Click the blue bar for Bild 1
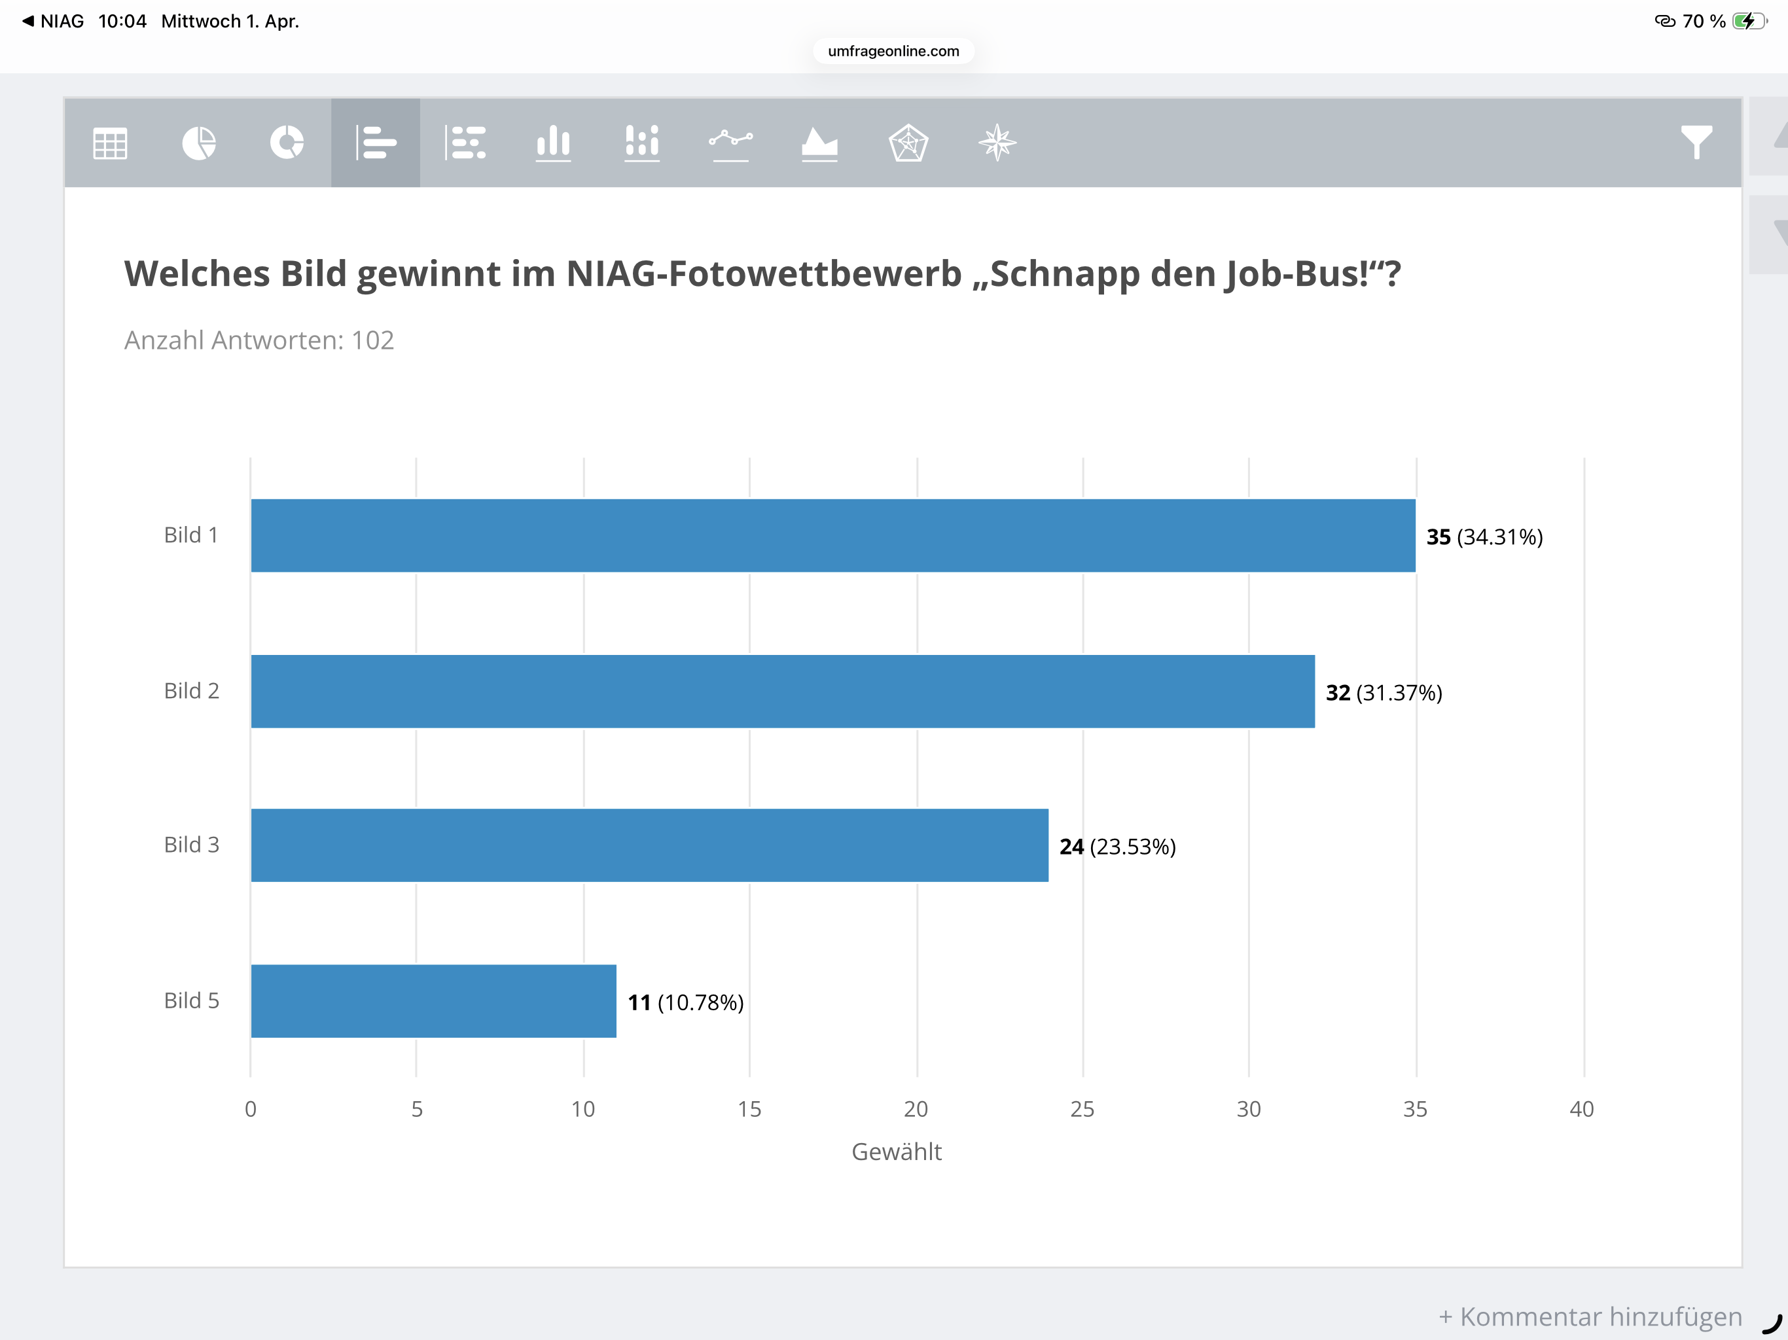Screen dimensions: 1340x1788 832,535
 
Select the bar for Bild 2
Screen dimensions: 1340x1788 783,691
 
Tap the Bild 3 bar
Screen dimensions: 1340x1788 649,845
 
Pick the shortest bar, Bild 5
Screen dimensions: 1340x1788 433,1000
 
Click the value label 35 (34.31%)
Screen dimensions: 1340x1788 1484,537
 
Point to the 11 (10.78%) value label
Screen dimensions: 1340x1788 685,1002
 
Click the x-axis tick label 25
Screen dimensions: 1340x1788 1082,1109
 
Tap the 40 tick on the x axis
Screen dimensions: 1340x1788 1581,1109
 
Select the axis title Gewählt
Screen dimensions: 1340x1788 897,1152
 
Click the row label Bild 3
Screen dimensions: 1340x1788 192,845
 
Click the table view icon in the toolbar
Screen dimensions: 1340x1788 110,143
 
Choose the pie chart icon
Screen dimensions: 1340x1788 199,143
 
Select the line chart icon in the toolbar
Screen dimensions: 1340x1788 731,143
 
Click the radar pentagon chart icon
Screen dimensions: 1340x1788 908,143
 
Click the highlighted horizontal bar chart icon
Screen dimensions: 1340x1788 376,143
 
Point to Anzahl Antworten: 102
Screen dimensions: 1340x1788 259,340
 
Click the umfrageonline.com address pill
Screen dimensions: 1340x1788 893,51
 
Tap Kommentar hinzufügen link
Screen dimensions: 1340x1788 1590,1316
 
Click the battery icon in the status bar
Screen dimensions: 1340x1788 1748,21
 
